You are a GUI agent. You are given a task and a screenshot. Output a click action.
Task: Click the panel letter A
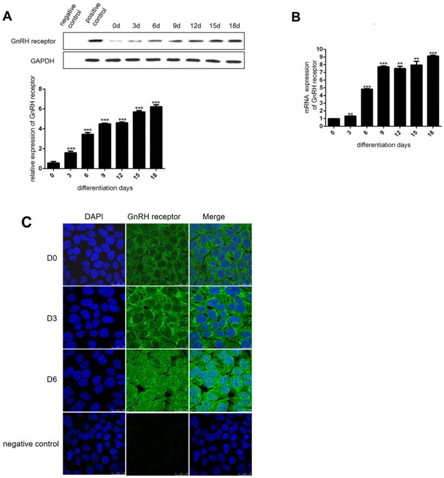[8, 16]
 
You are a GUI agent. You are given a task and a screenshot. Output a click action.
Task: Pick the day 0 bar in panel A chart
[53, 165]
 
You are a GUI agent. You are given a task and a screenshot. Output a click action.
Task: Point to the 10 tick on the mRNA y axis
[322, 49]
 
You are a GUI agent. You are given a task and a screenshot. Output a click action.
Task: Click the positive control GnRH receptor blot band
[96, 40]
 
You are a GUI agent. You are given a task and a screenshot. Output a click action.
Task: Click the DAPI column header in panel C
[93, 216]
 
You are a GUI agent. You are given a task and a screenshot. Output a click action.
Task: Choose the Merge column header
[213, 216]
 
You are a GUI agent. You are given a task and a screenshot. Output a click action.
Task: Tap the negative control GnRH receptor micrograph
[157, 443]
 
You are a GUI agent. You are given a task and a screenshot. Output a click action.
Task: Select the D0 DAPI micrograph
[94, 254]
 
